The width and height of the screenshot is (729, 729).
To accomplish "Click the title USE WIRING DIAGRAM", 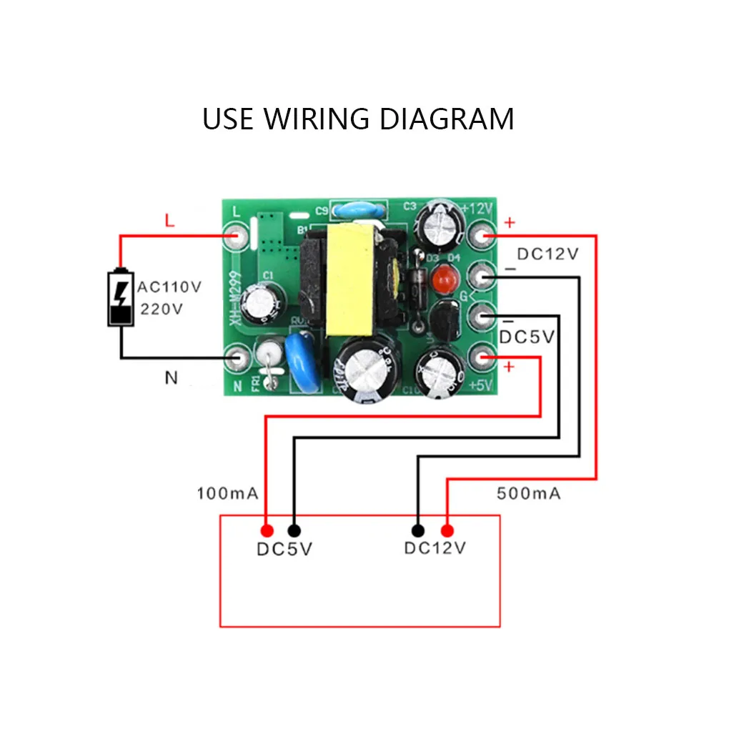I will click(x=358, y=119).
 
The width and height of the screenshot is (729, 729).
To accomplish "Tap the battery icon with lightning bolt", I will click(x=120, y=297).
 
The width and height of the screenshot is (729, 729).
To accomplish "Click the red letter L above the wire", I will click(x=169, y=221).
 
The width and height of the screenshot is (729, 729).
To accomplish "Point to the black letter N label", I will click(x=171, y=377).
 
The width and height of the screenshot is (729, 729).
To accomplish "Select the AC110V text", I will click(x=169, y=287).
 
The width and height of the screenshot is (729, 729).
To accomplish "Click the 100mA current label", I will click(x=227, y=493).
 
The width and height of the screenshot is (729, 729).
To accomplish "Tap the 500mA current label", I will click(x=528, y=493).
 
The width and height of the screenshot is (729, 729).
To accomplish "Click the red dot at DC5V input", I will click(x=267, y=530).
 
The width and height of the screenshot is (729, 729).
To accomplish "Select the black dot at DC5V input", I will click(x=294, y=530).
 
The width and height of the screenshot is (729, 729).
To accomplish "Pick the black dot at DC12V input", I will click(x=418, y=530).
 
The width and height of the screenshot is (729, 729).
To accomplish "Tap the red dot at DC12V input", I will click(x=447, y=530).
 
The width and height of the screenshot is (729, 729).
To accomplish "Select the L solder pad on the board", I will click(x=236, y=237).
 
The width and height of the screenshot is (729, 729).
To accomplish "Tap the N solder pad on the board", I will click(x=237, y=355).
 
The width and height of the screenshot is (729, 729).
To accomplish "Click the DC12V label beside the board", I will click(x=547, y=254).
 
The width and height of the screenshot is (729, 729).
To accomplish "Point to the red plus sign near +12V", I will click(x=509, y=223).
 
